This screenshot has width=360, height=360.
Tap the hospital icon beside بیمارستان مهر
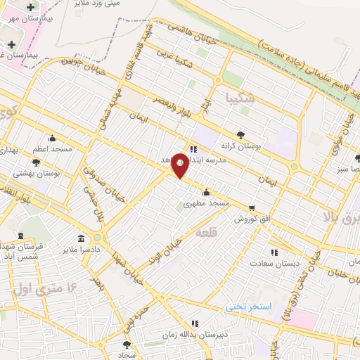tap(30, 7)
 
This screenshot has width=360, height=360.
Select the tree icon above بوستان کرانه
tap(242, 132)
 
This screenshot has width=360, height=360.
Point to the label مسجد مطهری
tap(207, 202)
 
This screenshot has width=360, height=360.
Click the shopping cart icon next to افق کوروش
tap(251, 208)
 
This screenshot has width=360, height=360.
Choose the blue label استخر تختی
tap(248, 307)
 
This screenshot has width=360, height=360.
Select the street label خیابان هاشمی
tap(191, 28)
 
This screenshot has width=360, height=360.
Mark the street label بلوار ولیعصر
tap(169, 105)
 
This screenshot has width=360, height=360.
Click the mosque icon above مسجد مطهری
tap(206, 192)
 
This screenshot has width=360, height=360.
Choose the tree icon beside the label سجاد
tap(127, 345)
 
